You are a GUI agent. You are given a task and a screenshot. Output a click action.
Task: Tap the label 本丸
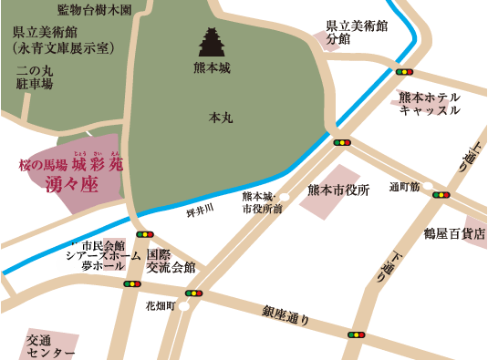[222, 118]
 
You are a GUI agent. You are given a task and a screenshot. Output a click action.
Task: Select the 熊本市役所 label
[338, 190]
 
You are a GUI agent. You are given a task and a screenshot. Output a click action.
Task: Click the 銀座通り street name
[286, 315]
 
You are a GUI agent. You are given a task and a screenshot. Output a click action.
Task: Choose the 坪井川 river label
[199, 211]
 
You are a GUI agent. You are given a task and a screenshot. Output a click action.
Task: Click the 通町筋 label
[404, 187]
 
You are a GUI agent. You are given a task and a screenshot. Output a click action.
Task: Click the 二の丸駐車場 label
[35, 77]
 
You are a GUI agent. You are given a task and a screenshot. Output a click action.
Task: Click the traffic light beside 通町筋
[441, 194]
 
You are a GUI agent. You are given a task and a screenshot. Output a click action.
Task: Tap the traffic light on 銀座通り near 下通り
[356, 334]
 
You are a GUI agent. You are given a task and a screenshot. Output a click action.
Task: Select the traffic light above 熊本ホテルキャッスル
[404, 71]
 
